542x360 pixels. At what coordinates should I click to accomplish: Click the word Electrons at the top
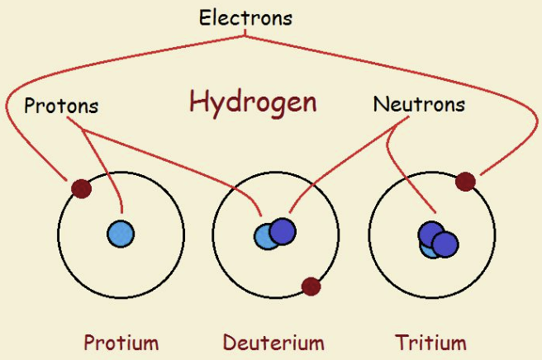(x=245, y=17)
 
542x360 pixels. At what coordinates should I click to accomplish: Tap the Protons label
(x=61, y=107)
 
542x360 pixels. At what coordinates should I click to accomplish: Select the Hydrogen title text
(x=253, y=102)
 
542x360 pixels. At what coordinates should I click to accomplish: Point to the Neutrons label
(x=419, y=105)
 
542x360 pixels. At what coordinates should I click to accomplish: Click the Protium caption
(x=121, y=342)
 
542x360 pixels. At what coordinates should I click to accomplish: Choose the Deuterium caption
(x=273, y=342)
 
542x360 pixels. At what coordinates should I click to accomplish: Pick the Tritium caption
(x=430, y=342)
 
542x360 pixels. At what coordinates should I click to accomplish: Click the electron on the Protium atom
(x=80, y=189)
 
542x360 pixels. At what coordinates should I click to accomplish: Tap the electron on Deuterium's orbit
(x=311, y=287)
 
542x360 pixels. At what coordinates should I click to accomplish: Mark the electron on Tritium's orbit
(x=465, y=182)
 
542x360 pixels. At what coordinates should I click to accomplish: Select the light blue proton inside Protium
(x=121, y=234)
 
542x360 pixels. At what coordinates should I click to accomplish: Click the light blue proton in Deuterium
(x=264, y=238)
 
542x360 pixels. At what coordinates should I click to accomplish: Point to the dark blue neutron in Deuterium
(x=282, y=230)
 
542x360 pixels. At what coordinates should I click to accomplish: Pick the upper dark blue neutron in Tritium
(x=430, y=234)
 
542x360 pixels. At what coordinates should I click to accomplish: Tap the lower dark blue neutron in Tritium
(x=445, y=244)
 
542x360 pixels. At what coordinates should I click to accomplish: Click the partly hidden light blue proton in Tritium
(x=427, y=249)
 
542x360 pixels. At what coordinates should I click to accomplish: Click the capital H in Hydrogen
(x=197, y=102)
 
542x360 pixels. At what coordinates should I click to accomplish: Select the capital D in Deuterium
(x=229, y=342)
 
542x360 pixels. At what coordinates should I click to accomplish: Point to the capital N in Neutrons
(x=380, y=105)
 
